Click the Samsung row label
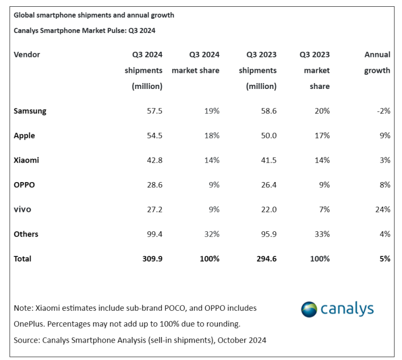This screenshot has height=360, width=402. pos(30,111)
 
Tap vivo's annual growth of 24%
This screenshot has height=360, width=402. pos(382,209)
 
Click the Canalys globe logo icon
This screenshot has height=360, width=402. pos(309,309)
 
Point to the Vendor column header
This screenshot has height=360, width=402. pos(27,54)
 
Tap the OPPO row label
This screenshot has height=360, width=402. pos(25,185)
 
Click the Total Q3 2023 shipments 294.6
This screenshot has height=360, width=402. pos(265,258)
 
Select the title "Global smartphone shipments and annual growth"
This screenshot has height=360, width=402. pos(94,15)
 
